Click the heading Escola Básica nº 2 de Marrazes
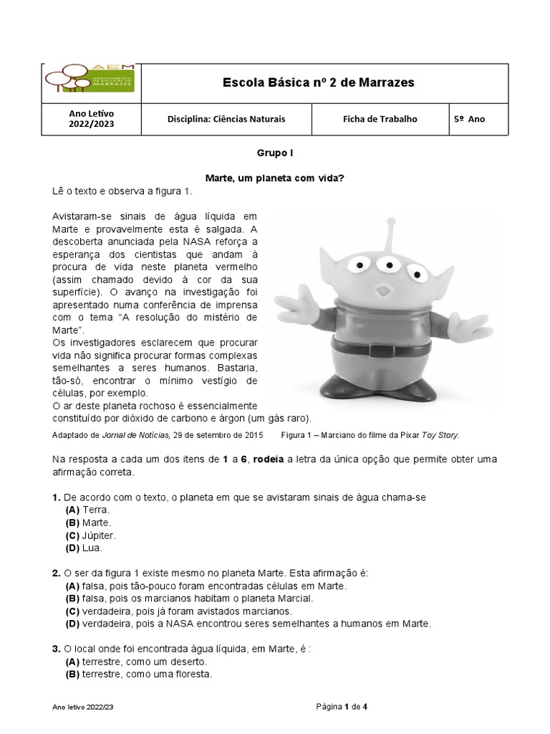pyautogui.click(x=318, y=83)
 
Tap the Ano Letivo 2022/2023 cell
pyautogui.click(x=91, y=119)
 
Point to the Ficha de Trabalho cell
pyautogui.click(x=380, y=119)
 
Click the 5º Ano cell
pyautogui.click(x=469, y=119)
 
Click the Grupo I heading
pyautogui.click(x=274, y=153)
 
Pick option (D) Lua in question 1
pyautogui.click(x=84, y=548)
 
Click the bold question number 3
pyautogui.click(x=56, y=649)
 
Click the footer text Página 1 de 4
pyautogui.click(x=342, y=707)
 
